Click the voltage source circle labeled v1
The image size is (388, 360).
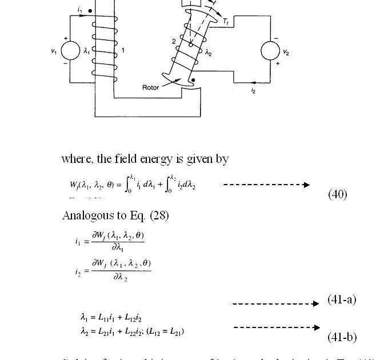pos(70,51)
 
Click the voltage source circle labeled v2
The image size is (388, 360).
pos(271,51)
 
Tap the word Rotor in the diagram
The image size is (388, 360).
pos(151,87)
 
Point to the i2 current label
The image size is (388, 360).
pos(253,90)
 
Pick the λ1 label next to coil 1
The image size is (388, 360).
pos(87,51)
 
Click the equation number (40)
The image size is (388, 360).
pos(337,194)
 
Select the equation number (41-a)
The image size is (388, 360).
pos(342,299)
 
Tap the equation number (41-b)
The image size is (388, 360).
pos(342,337)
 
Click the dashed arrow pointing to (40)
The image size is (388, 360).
pos(266,185)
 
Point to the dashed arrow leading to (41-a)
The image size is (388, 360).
pos(275,304)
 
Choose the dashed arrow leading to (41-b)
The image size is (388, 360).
pos(277,327)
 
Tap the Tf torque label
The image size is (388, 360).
pos(226,22)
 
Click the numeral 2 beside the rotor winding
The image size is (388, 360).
pos(173,41)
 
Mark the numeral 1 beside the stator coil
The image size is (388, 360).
pos(122,51)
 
